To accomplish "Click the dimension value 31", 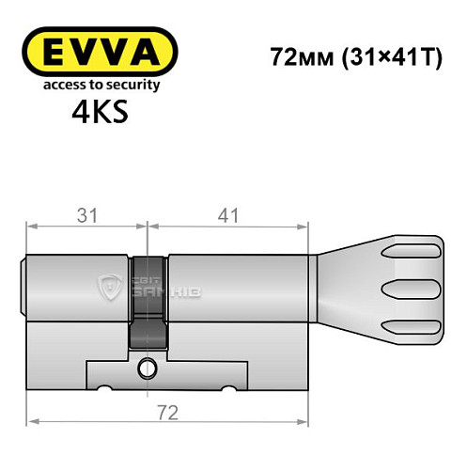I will pos(86,214).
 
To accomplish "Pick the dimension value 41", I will pos(227,214).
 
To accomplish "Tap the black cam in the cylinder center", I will pos(147,301).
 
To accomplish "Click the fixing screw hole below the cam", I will pos(147,367).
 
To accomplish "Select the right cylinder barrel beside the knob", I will pos(239,281).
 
